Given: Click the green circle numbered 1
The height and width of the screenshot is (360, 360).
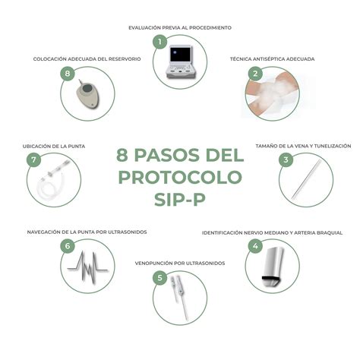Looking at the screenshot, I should click(159, 42).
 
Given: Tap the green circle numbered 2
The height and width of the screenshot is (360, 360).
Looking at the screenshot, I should click(256, 74).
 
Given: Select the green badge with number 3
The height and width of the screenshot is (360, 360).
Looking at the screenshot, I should click(286, 159).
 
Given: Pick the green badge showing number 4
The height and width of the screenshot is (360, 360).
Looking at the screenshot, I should click(256, 246).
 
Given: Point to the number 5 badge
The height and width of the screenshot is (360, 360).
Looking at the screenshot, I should click(159, 278).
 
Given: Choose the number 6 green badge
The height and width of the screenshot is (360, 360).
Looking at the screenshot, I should click(68, 246).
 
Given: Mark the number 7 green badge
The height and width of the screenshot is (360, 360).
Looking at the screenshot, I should click(33, 159).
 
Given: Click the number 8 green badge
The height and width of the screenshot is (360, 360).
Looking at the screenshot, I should click(68, 74).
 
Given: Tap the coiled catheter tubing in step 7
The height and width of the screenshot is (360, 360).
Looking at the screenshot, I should click(53, 182).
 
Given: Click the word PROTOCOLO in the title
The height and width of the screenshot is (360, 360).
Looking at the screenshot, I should click(180, 178).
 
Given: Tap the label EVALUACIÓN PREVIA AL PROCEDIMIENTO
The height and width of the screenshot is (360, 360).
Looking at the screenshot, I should click(180, 27).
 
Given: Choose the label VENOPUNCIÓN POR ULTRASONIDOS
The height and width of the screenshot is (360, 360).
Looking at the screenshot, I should click(180, 263).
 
